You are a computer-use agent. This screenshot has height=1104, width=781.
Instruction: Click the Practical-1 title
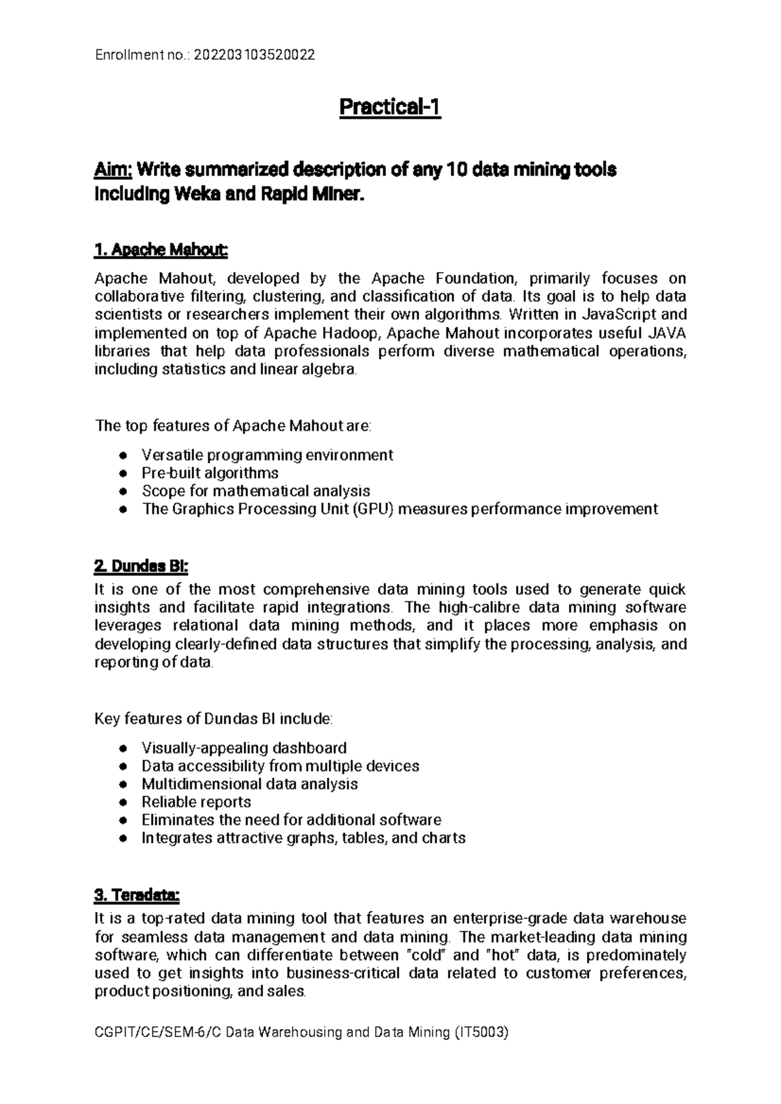390,107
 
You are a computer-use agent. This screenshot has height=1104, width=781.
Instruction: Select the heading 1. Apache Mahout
161,250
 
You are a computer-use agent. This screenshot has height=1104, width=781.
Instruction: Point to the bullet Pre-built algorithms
210,472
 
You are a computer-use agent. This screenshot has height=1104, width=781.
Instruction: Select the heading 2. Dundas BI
141,567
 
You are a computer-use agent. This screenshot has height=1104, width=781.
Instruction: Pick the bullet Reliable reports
196,801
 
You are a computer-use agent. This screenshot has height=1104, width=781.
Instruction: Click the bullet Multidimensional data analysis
249,783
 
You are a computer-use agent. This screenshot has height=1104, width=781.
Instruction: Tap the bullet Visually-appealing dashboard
243,747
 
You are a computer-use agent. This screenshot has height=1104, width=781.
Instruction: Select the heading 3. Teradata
137,896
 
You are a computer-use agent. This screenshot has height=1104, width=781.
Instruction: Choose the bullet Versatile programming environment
267,454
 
